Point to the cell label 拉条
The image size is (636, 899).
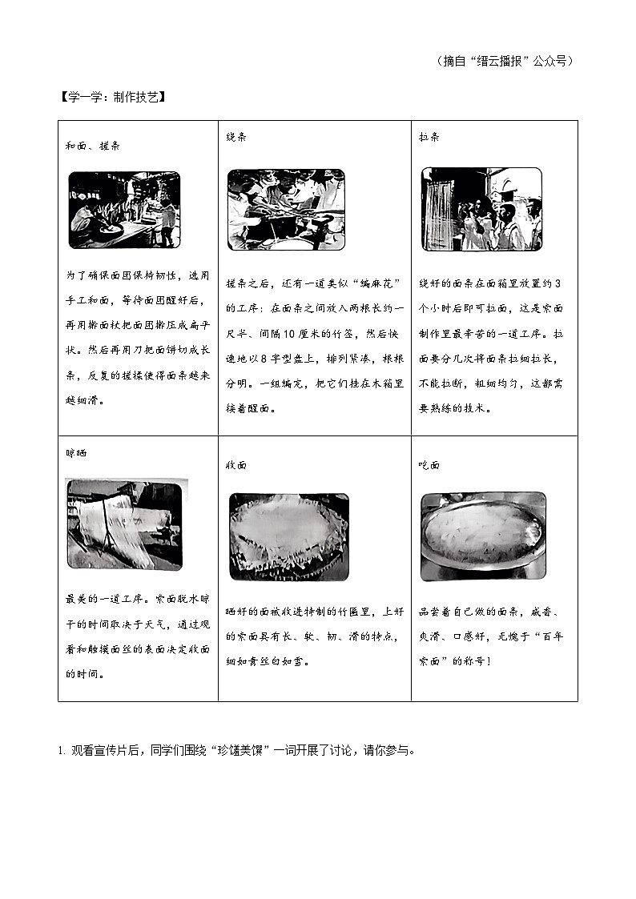tap(429, 137)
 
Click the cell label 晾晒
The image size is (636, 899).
tap(76, 452)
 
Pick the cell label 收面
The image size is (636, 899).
tap(236, 464)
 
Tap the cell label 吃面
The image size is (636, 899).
tap(429, 464)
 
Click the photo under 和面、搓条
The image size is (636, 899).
tap(124, 210)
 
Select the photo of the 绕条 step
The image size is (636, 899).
tap(286, 209)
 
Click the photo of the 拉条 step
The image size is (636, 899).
tap(481, 209)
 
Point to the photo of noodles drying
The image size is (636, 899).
tap(124, 524)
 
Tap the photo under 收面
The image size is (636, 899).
tap(289, 536)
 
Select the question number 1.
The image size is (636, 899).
tap(60, 750)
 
